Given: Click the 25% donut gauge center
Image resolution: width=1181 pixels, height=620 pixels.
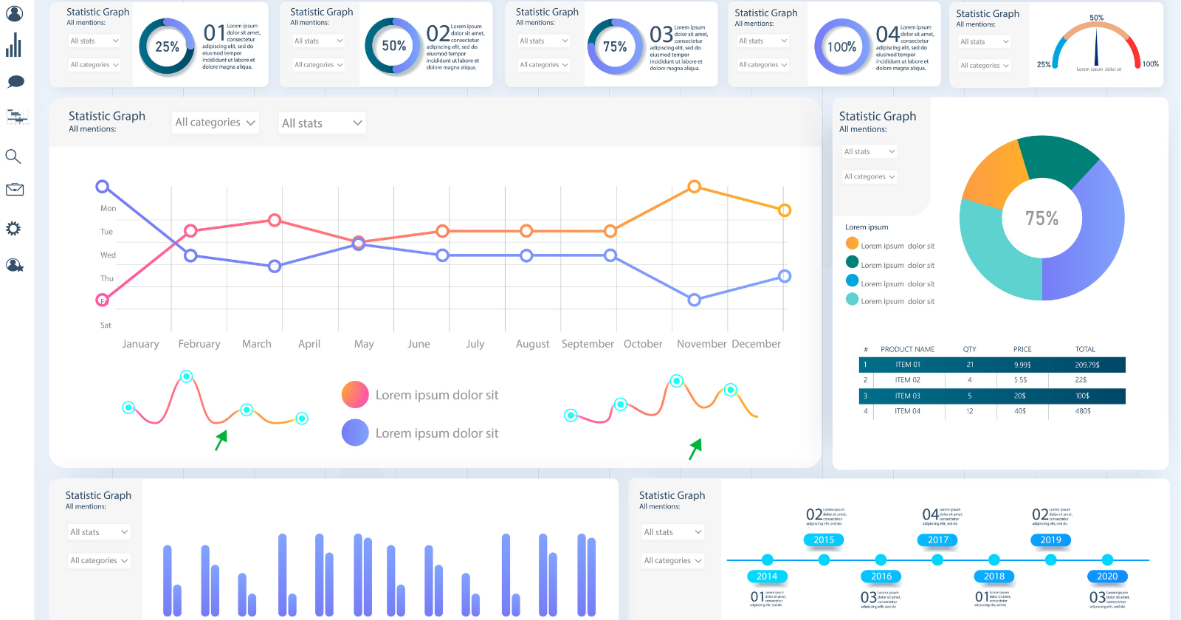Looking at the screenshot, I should coord(167,46).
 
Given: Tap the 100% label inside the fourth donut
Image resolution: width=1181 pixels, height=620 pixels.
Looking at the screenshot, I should coord(841,46).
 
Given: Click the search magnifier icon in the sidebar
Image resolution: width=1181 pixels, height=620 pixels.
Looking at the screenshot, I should coord(13,156).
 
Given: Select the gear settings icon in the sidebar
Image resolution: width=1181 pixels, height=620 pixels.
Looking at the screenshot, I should coord(13,228).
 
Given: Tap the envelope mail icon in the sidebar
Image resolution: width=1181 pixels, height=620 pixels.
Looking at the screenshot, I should coord(14,190).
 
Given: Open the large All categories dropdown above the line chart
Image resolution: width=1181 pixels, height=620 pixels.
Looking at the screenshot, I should coord(215,123).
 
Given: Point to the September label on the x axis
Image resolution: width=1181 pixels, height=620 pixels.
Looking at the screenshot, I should coord(588,344).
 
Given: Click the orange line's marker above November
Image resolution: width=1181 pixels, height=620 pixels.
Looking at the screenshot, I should coord(694,187).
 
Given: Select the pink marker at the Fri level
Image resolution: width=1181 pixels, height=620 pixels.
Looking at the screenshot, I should coord(103,300).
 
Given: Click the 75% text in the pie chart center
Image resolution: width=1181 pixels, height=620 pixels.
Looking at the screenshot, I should coord(1041,218).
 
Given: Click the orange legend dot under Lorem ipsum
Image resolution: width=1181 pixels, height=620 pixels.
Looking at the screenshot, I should coord(852,244).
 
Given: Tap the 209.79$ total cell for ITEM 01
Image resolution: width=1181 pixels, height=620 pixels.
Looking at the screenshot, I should coord(1087,365).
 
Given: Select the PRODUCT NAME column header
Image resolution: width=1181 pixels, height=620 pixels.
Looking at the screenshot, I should coord(907,349).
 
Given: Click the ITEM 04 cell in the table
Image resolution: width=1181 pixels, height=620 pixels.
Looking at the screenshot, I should coord(907,411).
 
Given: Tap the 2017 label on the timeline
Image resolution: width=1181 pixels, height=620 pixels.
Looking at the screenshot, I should coord(937,540).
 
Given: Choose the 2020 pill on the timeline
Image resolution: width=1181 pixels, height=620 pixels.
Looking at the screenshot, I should coord(1106,576).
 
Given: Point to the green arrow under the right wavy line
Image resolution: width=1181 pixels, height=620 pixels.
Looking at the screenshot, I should coord(695,448).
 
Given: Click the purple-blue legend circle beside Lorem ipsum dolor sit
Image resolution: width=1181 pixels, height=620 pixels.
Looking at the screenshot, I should coord(355,433).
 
